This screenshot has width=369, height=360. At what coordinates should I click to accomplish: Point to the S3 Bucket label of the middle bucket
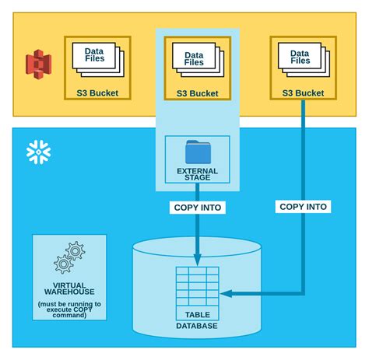[x=197, y=93]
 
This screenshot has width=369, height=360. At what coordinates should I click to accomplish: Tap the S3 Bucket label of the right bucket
[x=302, y=93]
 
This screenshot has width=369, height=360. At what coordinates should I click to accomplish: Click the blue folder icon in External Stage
[x=197, y=152]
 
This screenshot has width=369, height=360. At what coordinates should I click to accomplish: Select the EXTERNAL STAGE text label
[x=197, y=175]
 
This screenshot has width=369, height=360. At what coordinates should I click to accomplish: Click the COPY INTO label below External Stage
[x=197, y=208]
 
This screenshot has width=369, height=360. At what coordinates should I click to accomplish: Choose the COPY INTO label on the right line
[x=303, y=207]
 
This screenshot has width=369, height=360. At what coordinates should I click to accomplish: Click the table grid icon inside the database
[x=197, y=287]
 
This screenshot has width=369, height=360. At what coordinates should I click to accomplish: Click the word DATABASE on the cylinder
[x=197, y=326]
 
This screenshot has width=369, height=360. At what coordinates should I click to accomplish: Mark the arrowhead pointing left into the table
[x=226, y=293]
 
